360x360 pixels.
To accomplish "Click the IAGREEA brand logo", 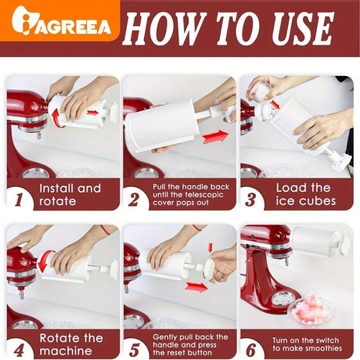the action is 62,21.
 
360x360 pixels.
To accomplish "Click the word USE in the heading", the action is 303,29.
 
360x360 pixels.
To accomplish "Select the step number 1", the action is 19,200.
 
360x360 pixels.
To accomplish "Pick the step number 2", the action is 135,200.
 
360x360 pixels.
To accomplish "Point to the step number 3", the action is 250,200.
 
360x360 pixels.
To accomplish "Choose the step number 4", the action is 19,350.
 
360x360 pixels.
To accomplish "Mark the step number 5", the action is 135,350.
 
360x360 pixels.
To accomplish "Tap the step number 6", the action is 251,350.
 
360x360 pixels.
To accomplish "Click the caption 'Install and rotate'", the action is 70,195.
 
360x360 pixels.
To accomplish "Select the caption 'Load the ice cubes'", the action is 306,194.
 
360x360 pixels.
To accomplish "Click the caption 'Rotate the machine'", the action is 71,344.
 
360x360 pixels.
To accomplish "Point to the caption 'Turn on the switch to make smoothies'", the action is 308,344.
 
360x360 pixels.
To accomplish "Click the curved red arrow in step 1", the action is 56,119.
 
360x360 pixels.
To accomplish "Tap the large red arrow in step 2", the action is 215,136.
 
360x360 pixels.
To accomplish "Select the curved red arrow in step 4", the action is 43,261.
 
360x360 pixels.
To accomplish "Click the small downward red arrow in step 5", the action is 210,247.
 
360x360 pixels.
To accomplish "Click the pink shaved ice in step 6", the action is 311,310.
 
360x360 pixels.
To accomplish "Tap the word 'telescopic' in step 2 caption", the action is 204,195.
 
